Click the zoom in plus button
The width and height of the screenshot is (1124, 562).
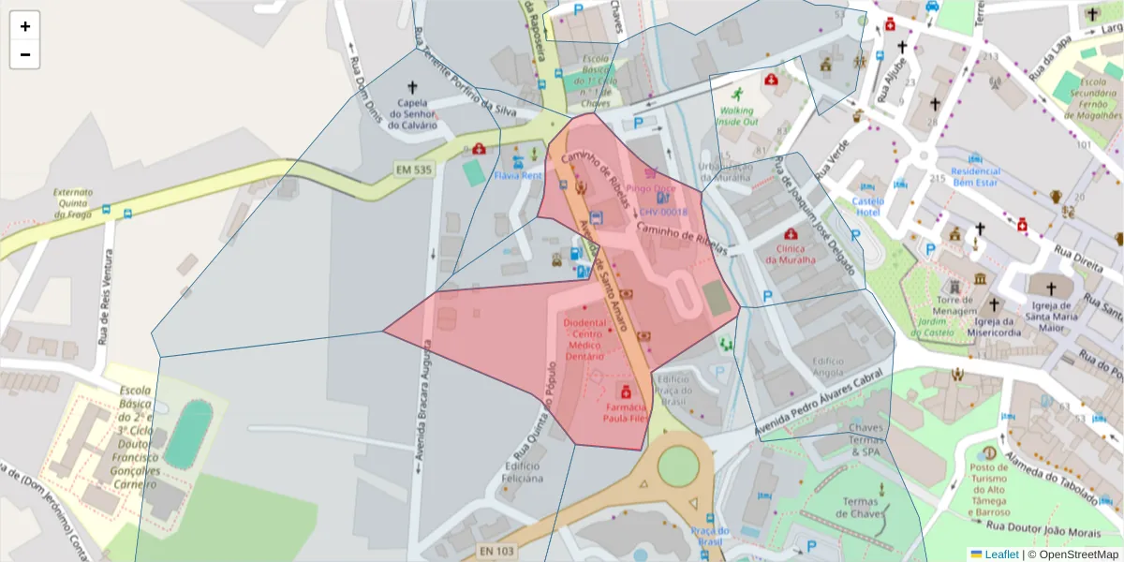point(24,26)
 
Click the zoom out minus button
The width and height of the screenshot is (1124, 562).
point(24,54)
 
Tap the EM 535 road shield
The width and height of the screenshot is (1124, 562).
point(413,170)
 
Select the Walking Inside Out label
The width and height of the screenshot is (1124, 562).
point(736,116)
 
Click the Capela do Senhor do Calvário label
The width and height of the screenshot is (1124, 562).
point(413,114)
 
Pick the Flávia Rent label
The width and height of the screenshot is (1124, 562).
point(518,175)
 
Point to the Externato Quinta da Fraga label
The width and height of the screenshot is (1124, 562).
point(73,203)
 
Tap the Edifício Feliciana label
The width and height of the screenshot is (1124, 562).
point(523,472)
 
